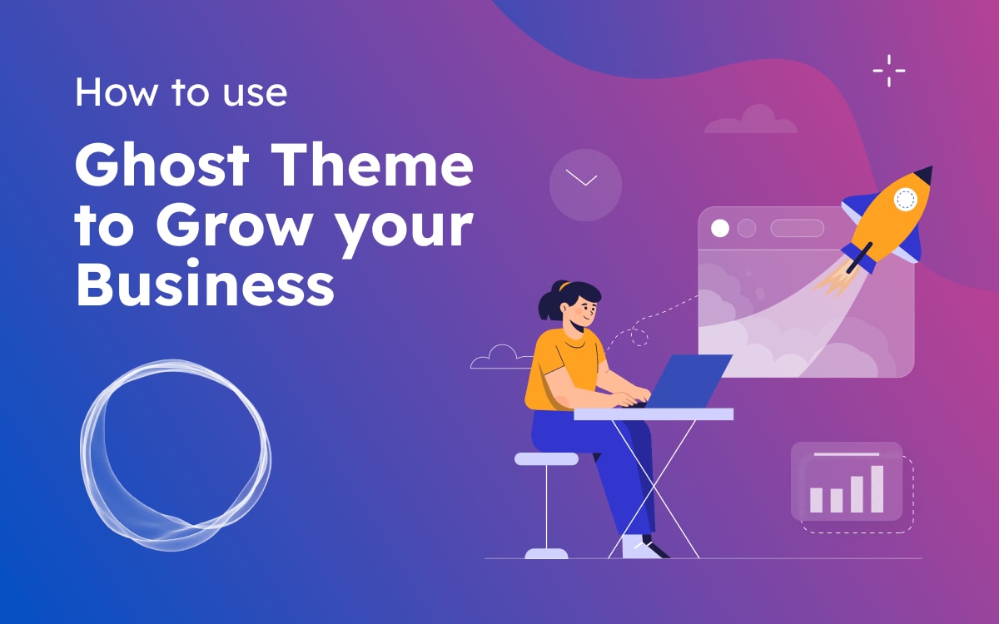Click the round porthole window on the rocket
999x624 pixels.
904,199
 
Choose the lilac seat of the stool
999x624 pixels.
546,458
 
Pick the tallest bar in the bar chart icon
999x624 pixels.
877,488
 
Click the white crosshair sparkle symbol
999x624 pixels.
888,71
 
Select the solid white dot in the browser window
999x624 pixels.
720,228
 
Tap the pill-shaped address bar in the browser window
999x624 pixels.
797,228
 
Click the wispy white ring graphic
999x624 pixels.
176,453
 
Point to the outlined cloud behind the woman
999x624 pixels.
500,358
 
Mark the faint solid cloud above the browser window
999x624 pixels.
751,121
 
